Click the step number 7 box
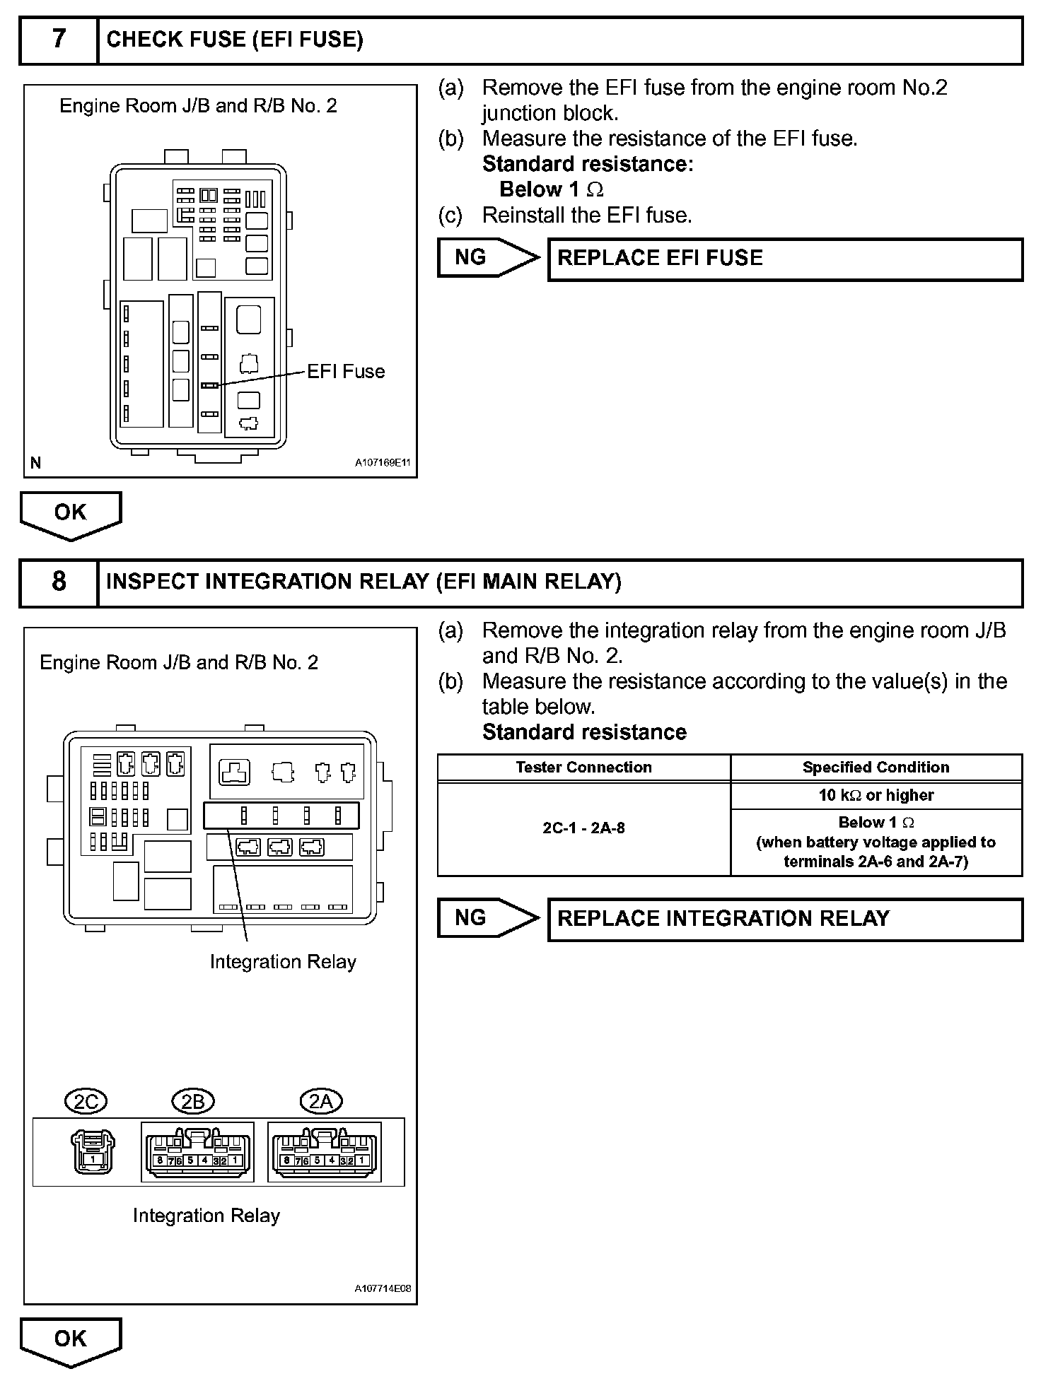[x=59, y=40]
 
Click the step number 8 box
[x=59, y=582]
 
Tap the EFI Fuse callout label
[x=346, y=372]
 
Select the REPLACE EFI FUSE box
[x=785, y=259]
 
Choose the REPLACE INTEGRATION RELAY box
[x=785, y=919]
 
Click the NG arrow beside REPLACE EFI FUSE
[x=487, y=257]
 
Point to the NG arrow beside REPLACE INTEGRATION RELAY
[x=487, y=917]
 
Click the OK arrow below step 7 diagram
[x=71, y=514]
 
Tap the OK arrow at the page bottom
[x=71, y=1339]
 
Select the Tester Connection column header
[x=583, y=768]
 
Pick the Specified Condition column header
[x=876, y=768]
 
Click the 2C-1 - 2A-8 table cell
[x=583, y=828]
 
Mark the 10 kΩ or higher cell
[x=876, y=795]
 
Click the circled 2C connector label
[x=86, y=1102]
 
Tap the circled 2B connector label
[x=193, y=1102]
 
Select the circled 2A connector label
[x=321, y=1102]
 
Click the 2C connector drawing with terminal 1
[x=93, y=1151]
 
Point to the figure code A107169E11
[x=383, y=464]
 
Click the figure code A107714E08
[x=383, y=1288]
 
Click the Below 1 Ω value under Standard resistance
[x=551, y=189]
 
